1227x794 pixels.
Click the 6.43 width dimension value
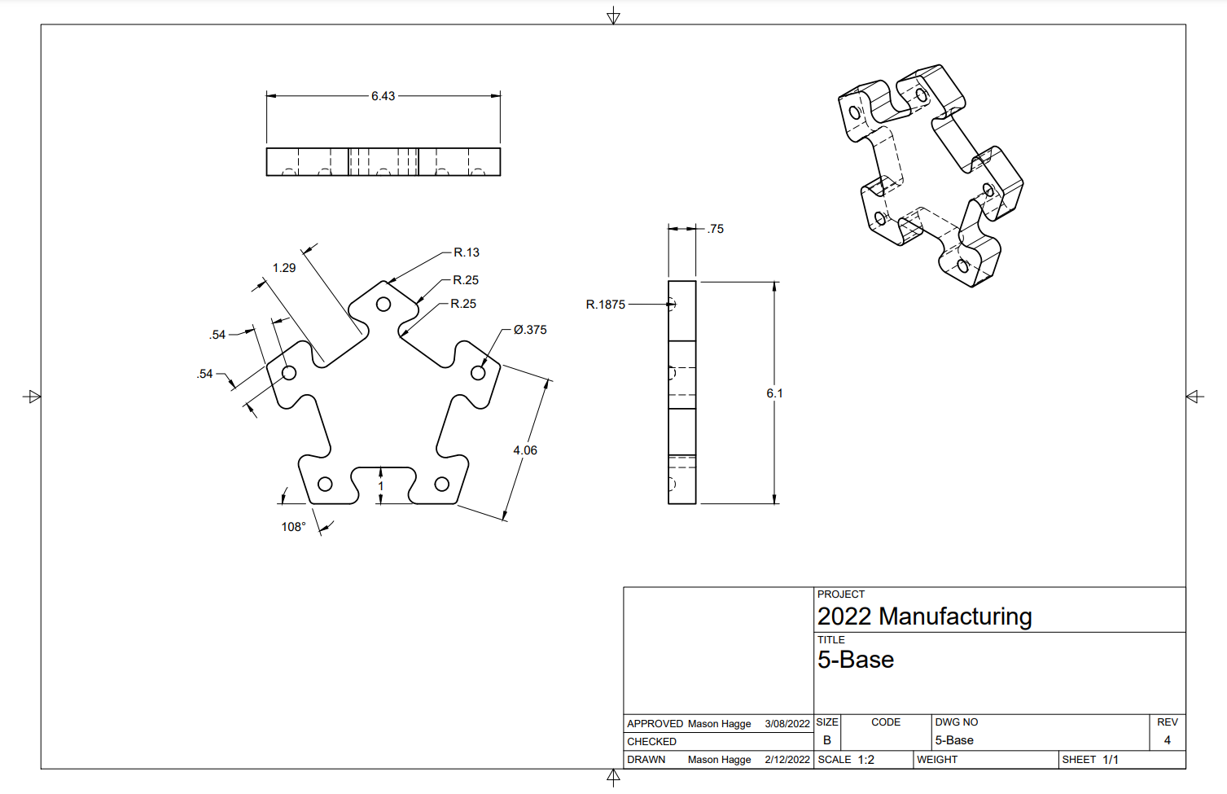(383, 96)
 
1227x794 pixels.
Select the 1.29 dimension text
(284, 268)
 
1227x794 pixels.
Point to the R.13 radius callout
(467, 252)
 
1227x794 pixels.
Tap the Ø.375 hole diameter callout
(530, 330)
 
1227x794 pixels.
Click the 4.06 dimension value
(525, 450)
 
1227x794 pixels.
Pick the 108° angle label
(293, 527)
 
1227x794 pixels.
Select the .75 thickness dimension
(716, 229)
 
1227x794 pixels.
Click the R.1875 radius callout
(606, 305)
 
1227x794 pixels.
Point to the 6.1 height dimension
(774, 393)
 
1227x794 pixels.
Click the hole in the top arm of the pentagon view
(383, 305)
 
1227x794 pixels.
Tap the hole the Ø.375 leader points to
(478, 373)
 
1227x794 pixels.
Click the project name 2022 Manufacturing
(924, 616)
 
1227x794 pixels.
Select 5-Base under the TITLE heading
(856, 660)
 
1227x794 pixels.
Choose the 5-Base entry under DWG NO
(954, 740)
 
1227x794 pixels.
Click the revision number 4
(1167, 740)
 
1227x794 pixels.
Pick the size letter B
(826, 740)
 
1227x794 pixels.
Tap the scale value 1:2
(865, 760)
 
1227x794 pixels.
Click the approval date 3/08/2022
(787, 724)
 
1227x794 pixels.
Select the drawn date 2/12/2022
(787, 760)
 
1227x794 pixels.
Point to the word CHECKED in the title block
(651, 742)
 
